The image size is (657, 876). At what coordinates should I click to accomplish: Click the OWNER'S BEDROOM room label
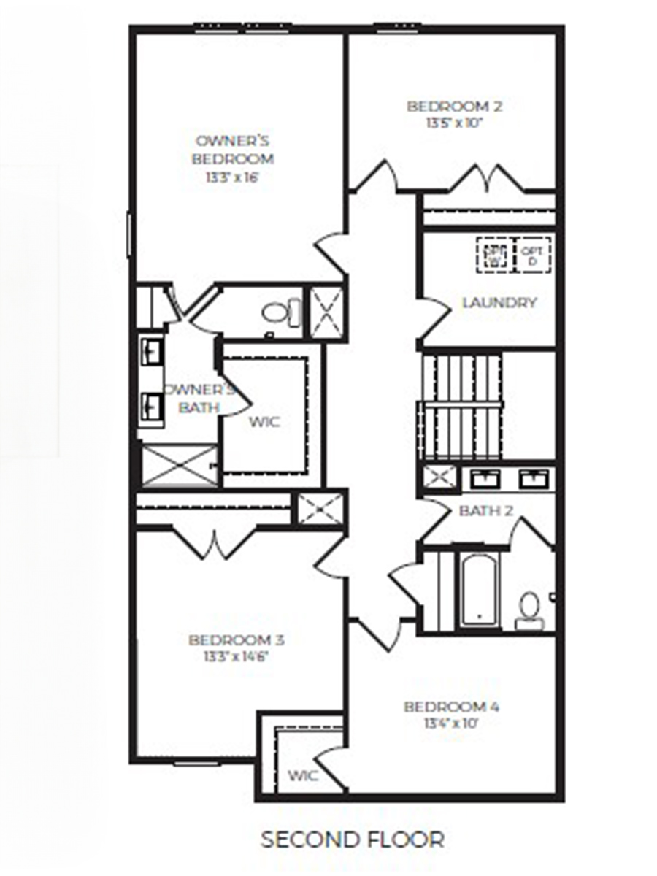click(x=234, y=150)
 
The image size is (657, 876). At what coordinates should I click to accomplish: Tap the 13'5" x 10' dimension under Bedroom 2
click(x=455, y=123)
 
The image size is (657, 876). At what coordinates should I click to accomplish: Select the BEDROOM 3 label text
click(x=236, y=640)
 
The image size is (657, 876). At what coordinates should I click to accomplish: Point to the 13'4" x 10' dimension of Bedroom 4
click(x=451, y=724)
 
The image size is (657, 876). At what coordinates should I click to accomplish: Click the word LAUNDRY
click(x=499, y=302)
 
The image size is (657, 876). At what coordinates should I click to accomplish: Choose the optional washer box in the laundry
click(x=495, y=255)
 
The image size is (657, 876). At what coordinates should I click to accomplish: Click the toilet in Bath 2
click(x=528, y=610)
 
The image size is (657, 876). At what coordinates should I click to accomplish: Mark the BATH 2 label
click(x=485, y=511)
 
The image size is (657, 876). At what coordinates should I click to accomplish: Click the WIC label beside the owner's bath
click(x=264, y=422)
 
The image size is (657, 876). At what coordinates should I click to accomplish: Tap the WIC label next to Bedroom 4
click(x=303, y=775)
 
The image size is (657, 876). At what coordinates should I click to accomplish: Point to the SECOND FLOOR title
click(x=353, y=839)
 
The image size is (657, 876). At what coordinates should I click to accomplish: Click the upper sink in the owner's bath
click(x=153, y=350)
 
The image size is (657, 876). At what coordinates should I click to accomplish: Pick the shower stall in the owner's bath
click(x=179, y=466)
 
